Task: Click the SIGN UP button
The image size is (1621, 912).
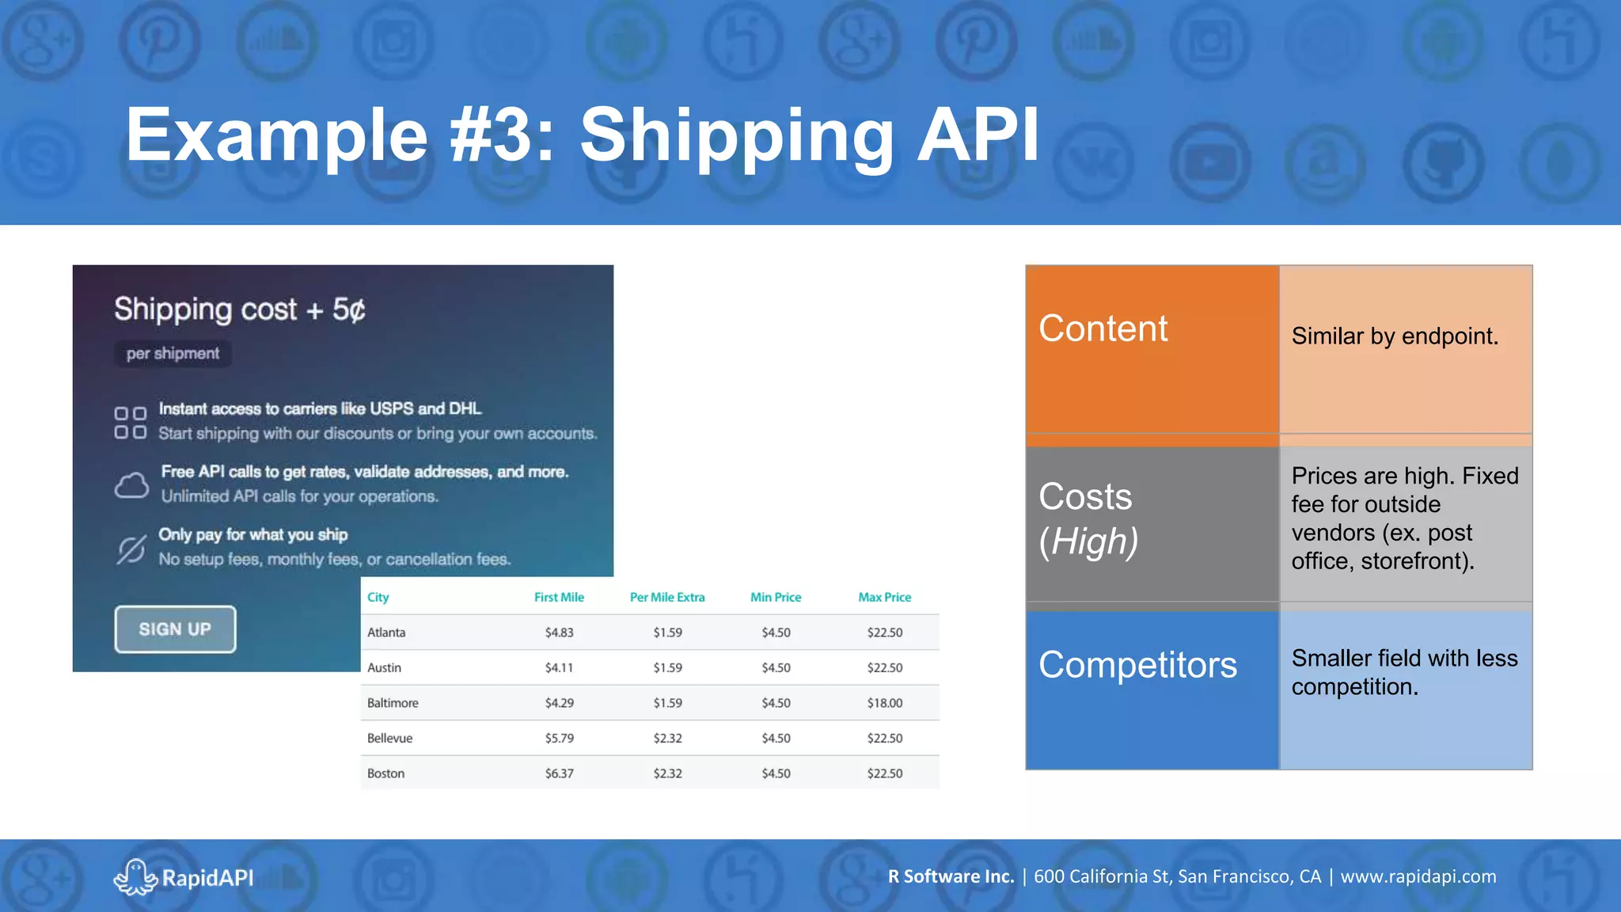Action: click(175, 629)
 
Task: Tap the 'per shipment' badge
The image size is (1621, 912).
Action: click(173, 354)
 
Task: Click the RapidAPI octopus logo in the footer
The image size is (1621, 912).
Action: click(135, 877)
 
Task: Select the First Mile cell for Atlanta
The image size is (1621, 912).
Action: click(559, 633)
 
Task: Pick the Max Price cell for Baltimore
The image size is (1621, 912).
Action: click(884, 703)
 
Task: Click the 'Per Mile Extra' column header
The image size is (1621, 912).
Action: click(666, 597)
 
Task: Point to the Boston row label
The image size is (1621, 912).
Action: click(385, 773)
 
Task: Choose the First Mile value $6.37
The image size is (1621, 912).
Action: click(559, 773)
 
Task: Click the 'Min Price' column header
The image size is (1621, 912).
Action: click(775, 597)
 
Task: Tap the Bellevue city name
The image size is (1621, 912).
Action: click(389, 738)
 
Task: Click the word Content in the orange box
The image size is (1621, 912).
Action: click(1103, 329)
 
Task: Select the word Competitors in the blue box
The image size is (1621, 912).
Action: click(1137, 665)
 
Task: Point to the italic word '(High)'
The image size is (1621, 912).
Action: click(1088, 542)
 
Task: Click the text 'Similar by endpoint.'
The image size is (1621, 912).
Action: click(1395, 336)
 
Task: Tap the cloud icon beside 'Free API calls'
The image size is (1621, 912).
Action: click(131, 484)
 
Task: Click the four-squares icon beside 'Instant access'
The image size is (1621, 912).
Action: click(131, 423)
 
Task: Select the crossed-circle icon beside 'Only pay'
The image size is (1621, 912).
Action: click(131, 549)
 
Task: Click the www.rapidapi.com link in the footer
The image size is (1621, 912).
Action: click(1418, 876)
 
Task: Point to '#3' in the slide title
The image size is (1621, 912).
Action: click(490, 135)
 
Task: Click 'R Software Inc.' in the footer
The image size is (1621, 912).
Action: click(951, 876)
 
